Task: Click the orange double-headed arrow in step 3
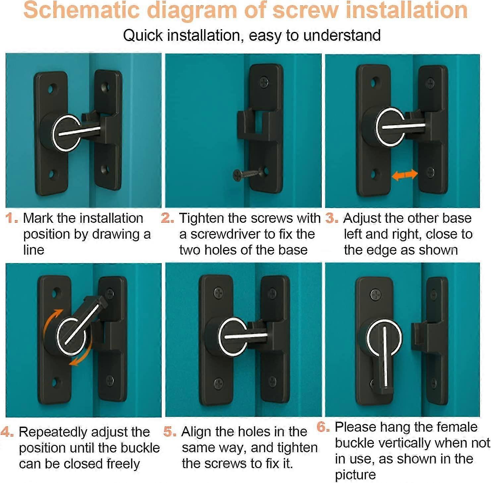tap(404, 175)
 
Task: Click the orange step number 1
tap(11, 218)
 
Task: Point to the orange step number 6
tap(323, 427)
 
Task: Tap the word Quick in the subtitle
tap(143, 35)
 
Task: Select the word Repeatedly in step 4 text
tap(53, 432)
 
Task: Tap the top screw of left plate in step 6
tap(375, 295)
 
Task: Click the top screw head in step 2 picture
tap(264, 82)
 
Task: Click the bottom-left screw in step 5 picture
tap(218, 383)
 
